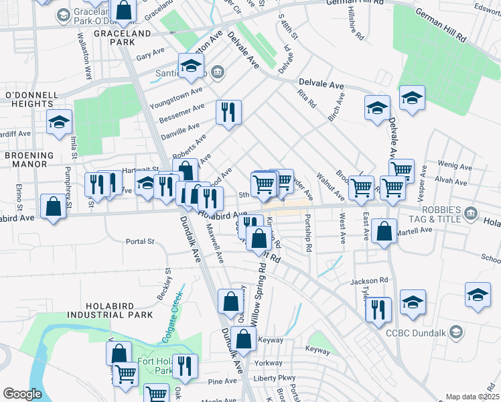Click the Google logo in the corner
click(22, 394)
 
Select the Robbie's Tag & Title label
click(435, 214)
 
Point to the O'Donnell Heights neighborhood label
click(29, 99)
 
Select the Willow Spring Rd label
click(258, 295)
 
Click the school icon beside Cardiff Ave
click(59, 122)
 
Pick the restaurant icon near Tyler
click(378, 309)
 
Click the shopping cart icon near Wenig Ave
click(401, 170)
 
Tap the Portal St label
click(141, 241)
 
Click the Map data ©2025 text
click(473, 397)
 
